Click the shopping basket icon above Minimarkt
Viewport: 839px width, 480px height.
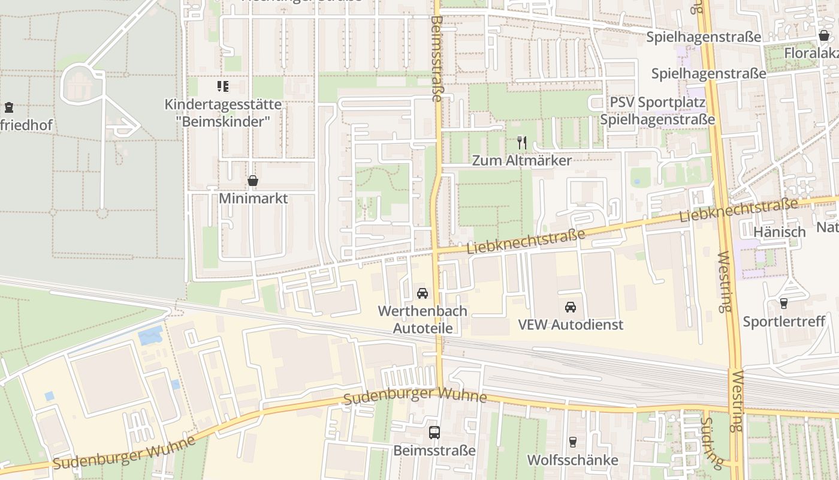click(x=253, y=181)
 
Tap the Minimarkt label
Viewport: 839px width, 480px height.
click(x=253, y=198)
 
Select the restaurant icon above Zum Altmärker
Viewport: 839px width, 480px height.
click(x=522, y=142)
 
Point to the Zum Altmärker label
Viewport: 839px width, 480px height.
click(x=522, y=160)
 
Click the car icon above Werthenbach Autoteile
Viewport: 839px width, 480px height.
click(x=422, y=293)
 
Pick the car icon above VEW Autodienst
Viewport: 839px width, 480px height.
click(x=571, y=307)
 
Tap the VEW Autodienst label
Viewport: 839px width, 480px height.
click(x=571, y=325)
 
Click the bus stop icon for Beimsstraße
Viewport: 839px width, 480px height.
click(x=434, y=432)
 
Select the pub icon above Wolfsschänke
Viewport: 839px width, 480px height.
click(x=573, y=442)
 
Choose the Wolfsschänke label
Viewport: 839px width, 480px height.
click(x=573, y=460)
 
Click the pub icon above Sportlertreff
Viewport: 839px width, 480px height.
click(x=784, y=304)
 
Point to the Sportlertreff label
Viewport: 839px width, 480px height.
click(x=784, y=322)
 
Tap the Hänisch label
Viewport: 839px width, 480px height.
click(x=779, y=232)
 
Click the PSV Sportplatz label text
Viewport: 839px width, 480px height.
click(x=657, y=103)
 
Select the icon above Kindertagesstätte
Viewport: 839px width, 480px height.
click(x=223, y=87)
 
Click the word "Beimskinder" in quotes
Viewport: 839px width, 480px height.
click(x=224, y=121)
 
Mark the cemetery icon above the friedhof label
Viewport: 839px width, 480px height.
click(x=9, y=108)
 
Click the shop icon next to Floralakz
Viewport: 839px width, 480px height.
click(x=824, y=36)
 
